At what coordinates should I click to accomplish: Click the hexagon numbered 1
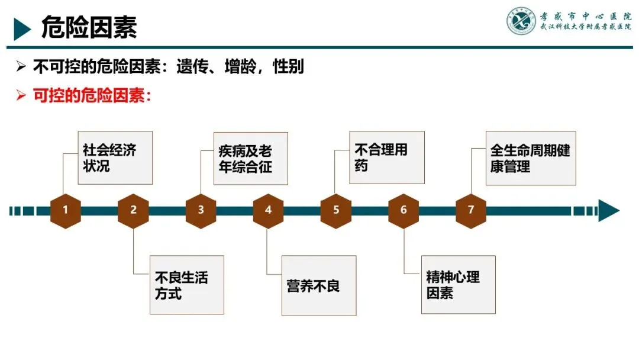point(65,210)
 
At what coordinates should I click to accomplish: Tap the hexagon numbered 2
point(133,210)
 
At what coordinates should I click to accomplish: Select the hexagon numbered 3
point(201,210)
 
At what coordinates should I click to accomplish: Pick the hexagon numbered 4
point(268,210)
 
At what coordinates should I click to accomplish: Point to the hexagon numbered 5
point(336,210)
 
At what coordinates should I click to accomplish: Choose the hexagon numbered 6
point(404,210)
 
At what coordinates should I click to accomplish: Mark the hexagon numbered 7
point(471,210)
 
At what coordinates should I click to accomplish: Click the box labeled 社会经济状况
point(115,157)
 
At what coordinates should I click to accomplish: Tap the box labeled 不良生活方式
point(187,285)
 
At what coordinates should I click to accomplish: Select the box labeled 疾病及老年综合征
point(251,159)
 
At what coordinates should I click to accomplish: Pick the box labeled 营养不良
point(318,285)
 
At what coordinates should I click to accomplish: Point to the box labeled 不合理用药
point(387,157)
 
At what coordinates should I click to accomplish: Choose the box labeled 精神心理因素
point(458,285)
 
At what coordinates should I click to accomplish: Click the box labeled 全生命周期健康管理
point(531,157)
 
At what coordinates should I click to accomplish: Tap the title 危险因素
point(89,27)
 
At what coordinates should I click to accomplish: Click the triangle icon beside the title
point(22,28)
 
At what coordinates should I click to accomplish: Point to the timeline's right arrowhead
point(608,210)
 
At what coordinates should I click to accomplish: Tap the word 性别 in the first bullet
point(288,67)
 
